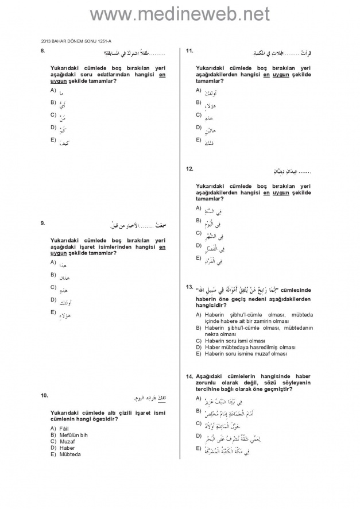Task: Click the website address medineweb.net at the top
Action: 180,14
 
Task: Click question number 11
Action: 189,51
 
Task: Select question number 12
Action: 189,169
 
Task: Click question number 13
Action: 189,286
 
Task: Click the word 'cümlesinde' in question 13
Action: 296,290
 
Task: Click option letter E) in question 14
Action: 198,448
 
